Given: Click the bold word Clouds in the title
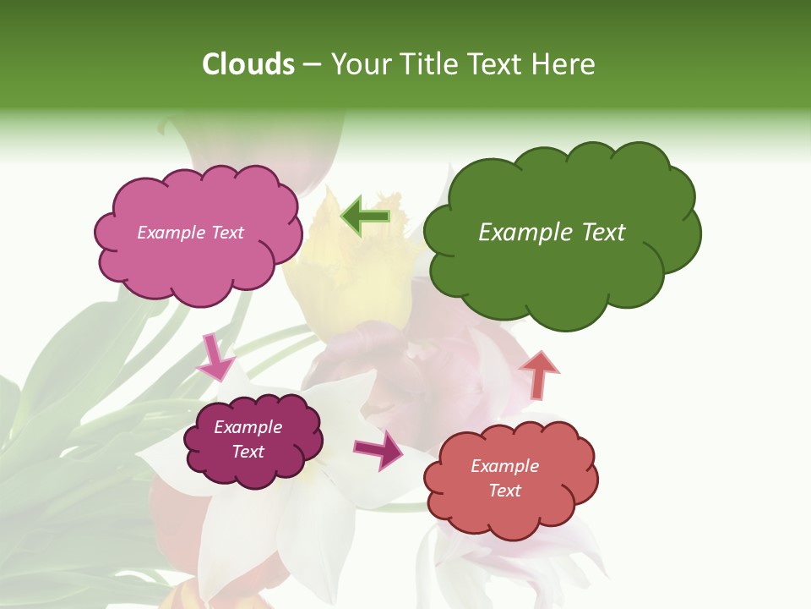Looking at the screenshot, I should click(248, 64).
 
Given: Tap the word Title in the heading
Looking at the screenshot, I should click(427, 64).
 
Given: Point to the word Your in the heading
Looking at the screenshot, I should click(362, 64).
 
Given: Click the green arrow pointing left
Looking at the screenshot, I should click(365, 217).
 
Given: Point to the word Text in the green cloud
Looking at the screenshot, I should click(601, 233).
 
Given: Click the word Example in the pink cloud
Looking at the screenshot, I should click(169, 233).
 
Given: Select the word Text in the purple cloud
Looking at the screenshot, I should click(248, 452).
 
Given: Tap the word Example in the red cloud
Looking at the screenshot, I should click(504, 466).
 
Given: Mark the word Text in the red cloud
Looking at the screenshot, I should click(504, 491).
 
